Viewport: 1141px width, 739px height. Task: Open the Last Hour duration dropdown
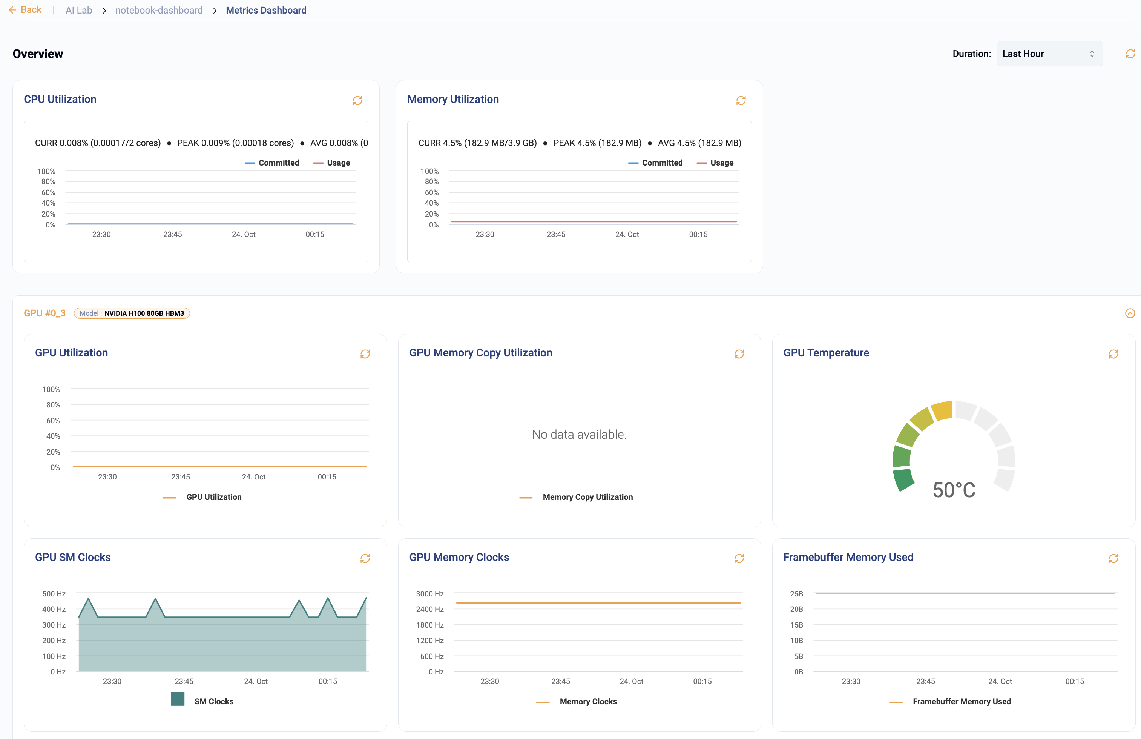(x=1049, y=54)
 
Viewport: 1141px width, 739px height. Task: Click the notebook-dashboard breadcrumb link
(x=159, y=10)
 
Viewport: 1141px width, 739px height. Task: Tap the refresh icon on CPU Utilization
(x=357, y=100)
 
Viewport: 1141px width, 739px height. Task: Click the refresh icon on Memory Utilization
(x=741, y=100)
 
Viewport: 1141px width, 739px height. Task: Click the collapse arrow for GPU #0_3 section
(x=1129, y=313)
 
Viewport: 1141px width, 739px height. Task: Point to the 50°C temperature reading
(x=954, y=490)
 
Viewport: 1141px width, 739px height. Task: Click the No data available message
(x=579, y=435)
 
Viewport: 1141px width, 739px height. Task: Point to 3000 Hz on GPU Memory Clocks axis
(x=429, y=594)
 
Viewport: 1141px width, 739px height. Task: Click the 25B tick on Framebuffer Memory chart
(x=796, y=594)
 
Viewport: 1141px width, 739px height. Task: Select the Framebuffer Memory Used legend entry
(x=961, y=701)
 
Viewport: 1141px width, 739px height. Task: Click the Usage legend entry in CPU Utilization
(x=337, y=163)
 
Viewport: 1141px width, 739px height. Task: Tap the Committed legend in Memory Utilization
(x=662, y=163)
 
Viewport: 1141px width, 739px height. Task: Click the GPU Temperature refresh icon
(x=1113, y=354)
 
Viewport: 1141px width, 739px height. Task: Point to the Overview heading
(x=38, y=54)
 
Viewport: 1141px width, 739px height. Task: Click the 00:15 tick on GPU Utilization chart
(x=327, y=477)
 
